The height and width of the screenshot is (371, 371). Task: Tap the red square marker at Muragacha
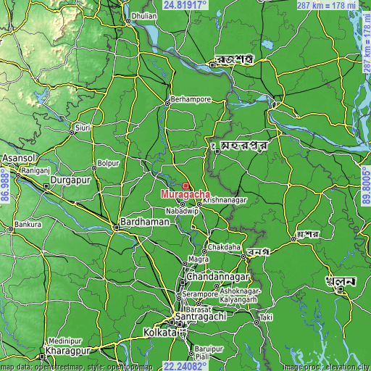point(185,186)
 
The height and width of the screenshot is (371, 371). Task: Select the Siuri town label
point(83,128)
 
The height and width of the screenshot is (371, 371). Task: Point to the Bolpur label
point(108,163)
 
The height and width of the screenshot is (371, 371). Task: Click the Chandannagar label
point(218,278)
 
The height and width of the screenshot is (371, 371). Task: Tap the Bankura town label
point(28,225)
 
